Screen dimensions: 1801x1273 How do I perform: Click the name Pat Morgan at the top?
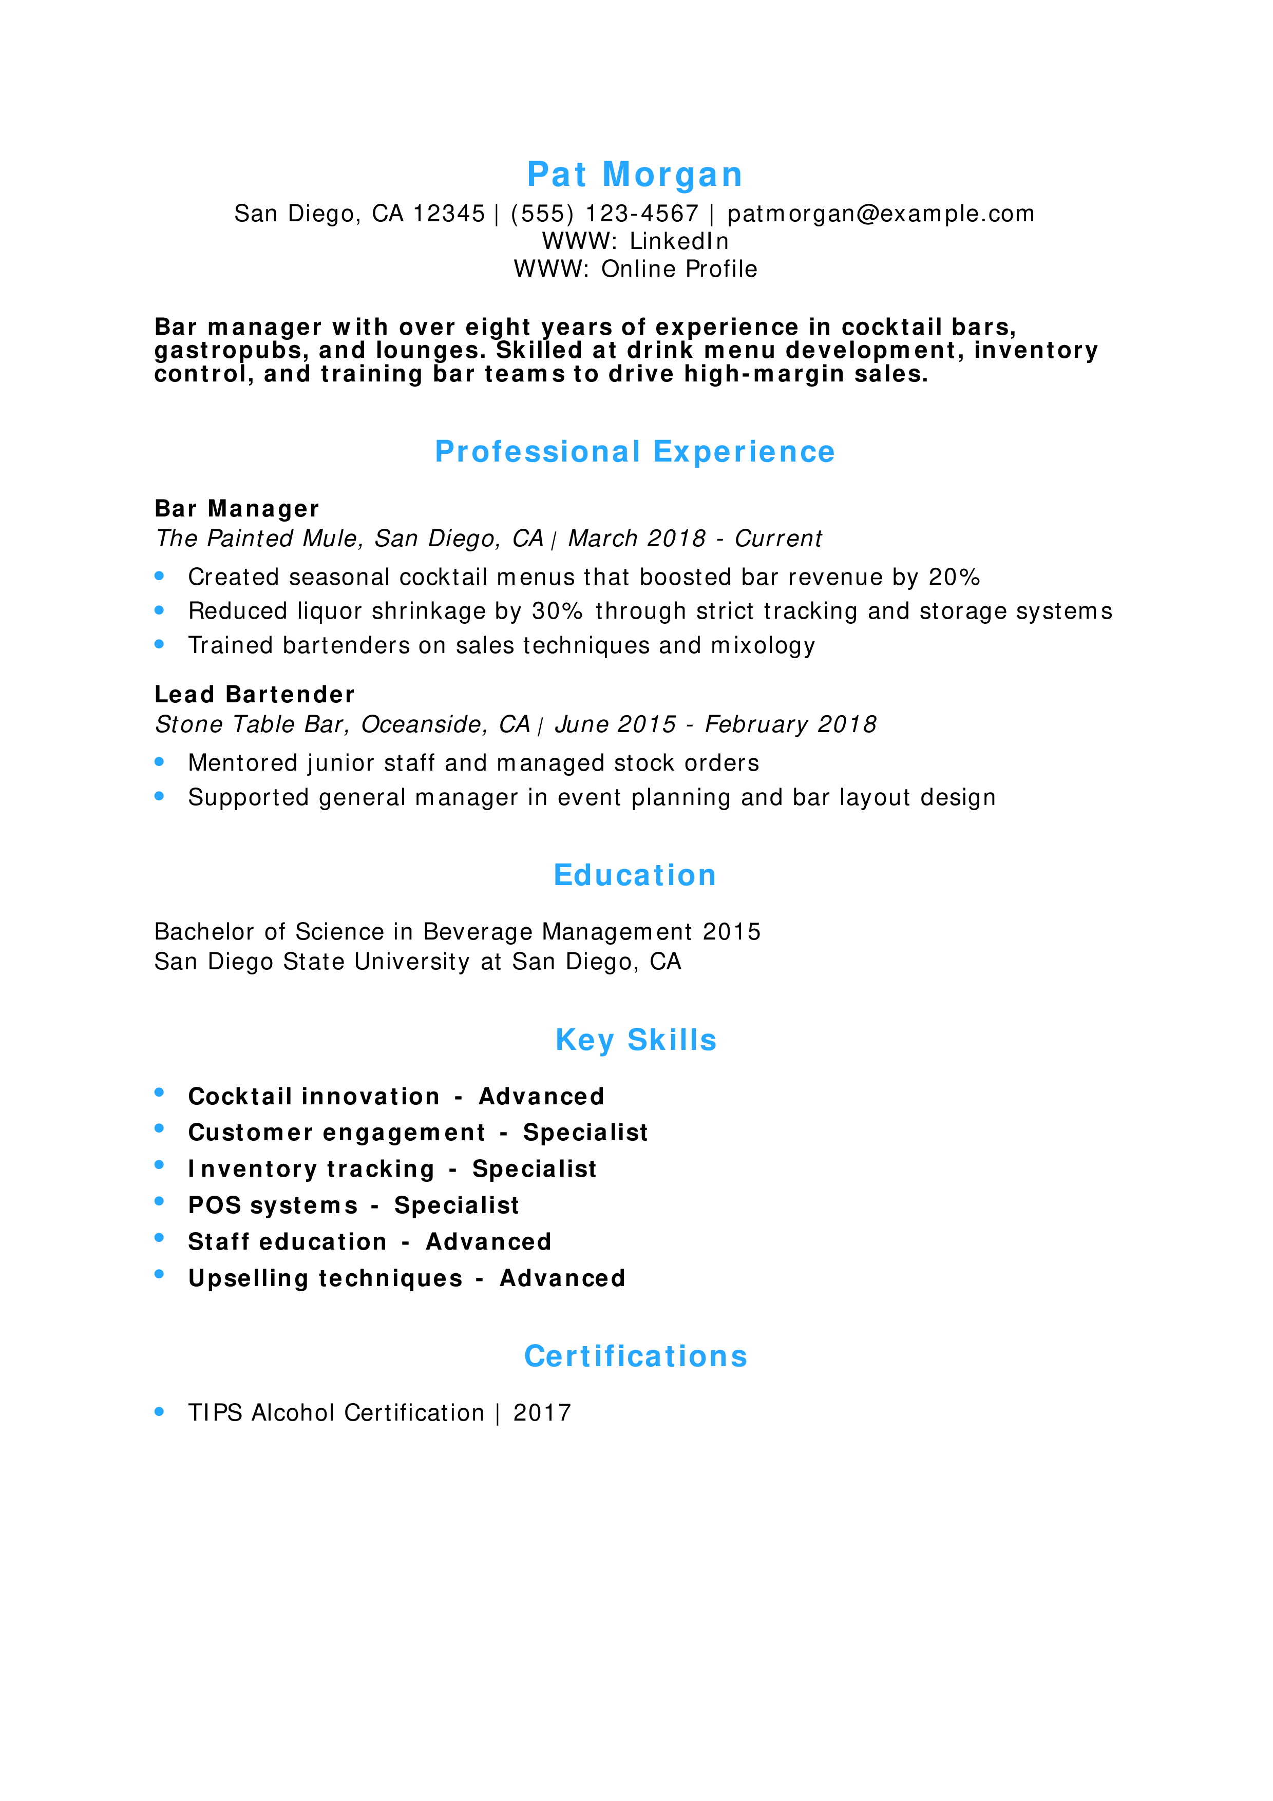[x=635, y=174]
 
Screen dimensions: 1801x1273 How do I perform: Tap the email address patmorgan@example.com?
[x=880, y=214]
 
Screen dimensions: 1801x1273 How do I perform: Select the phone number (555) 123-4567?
[x=604, y=214]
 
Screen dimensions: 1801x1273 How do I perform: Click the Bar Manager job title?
[x=237, y=509]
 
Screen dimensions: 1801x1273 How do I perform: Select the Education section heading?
[x=635, y=875]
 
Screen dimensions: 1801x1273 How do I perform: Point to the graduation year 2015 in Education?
[x=731, y=932]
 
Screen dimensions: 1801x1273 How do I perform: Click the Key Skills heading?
[x=635, y=1040]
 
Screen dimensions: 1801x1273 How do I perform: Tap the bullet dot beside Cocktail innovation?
[x=159, y=1093]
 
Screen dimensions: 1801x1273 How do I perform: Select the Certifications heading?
[x=635, y=1356]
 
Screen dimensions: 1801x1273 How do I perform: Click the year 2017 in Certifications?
[x=542, y=1413]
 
